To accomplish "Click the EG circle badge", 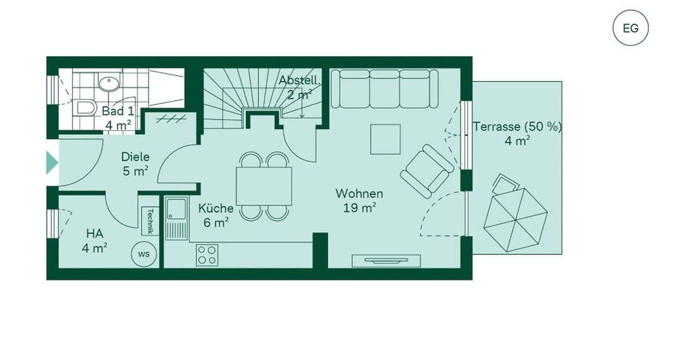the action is [x=630, y=28].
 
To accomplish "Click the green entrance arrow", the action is [x=52, y=162].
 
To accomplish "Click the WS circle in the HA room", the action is [x=144, y=254].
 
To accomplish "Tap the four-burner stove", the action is [x=207, y=255].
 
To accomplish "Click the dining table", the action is [x=264, y=186].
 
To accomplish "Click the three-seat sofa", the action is [x=384, y=89].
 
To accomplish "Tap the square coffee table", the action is [x=385, y=139].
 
